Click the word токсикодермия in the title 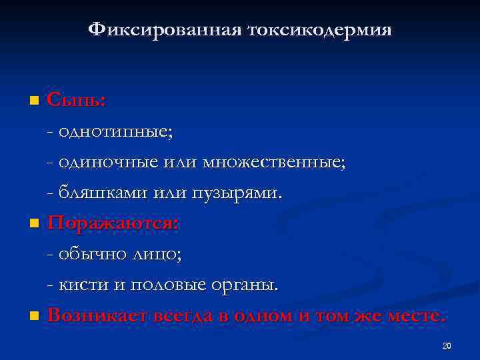tap(319, 30)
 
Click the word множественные tap(287, 162)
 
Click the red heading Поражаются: tap(113, 223)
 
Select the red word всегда tap(184, 315)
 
